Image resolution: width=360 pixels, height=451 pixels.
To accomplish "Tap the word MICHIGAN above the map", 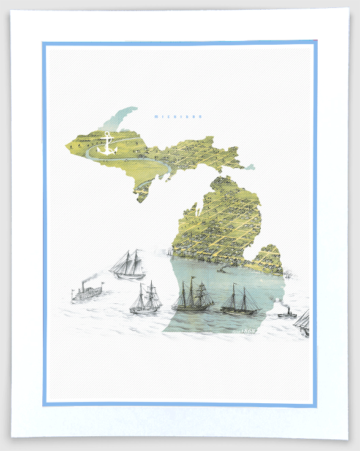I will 178,116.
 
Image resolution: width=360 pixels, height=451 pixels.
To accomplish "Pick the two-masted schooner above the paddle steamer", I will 127,265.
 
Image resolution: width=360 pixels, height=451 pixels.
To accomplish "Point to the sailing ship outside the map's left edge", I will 146,300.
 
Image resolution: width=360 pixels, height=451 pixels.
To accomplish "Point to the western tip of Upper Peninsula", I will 67,146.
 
